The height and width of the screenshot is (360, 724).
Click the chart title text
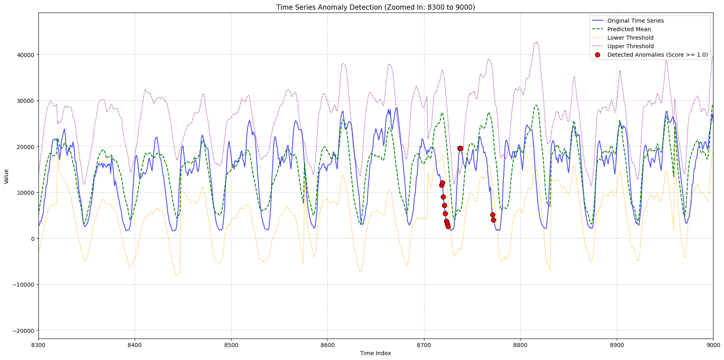376,7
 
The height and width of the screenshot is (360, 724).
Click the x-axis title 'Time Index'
376,353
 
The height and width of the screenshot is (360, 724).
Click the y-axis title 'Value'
6,177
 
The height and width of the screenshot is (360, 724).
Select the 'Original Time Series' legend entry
635,21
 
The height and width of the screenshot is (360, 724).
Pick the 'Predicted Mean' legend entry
629,29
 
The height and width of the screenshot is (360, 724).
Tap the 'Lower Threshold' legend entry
630,38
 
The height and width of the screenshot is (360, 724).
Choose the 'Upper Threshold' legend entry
631,46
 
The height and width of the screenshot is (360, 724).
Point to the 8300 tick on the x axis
38,345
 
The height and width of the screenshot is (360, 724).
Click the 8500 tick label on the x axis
231,345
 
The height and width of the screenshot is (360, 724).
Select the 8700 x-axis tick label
424,345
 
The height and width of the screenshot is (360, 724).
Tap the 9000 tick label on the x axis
713,345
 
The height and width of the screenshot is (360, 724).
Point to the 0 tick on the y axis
33,239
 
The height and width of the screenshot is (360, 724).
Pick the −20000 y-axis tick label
23,330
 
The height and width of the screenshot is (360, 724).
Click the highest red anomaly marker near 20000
460,148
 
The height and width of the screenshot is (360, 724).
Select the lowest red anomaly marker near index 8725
448,226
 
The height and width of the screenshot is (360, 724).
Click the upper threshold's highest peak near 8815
537,42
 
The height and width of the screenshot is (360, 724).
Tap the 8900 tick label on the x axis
616,345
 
